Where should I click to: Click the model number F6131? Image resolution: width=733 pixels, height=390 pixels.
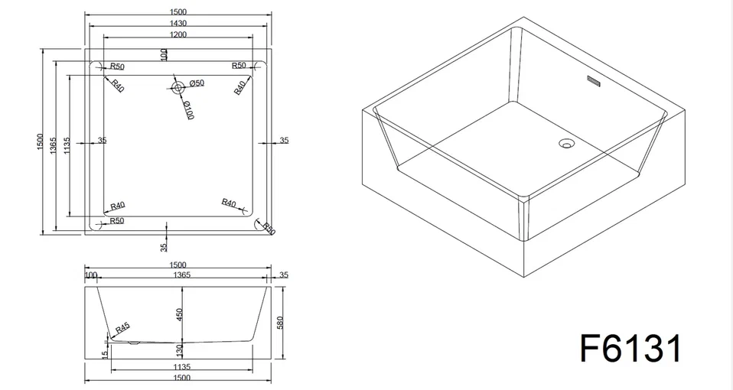click(x=630, y=349)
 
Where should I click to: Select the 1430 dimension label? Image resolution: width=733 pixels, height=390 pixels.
click(x=178, y=24)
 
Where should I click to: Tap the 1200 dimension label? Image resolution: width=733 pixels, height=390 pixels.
click(x=178, y=34)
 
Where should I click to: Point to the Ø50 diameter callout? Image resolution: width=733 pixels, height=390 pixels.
click(x=197, y=83)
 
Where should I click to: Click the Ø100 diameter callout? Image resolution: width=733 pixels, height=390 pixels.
click(x=188, y=111)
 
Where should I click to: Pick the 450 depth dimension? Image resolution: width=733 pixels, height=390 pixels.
click(x=180, y=314)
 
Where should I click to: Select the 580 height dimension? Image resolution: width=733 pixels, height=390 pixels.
click(x=280, y=323)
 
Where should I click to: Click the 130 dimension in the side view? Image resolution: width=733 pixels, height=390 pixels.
click(x=181, y=349)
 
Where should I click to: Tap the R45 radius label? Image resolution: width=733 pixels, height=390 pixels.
click(x=122, y=328)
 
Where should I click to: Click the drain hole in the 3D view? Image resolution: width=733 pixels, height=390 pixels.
click(x=566, y=142)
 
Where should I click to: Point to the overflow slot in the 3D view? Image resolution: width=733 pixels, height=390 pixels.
click(x=594, y=80)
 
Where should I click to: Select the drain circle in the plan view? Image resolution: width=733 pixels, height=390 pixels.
click(x=178, y=87)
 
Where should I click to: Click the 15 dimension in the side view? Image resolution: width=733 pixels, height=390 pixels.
click(x=106, y=354)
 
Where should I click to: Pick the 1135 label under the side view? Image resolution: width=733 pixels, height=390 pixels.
click(x=181, y=367)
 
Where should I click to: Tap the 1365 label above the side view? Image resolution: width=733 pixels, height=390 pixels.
click(x=181, y=275)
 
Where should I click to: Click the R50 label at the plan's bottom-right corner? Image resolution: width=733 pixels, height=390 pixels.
click(x=269, y=229)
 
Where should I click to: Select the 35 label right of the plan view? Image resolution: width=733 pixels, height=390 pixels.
click(x=284, y=140)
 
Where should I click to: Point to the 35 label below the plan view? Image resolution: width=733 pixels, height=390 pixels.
click(x=164, y=246)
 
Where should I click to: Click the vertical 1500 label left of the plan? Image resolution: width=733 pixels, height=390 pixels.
click(x=40, y=142)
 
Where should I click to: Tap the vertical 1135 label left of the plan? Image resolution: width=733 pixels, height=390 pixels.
click(x=67, y=146)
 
